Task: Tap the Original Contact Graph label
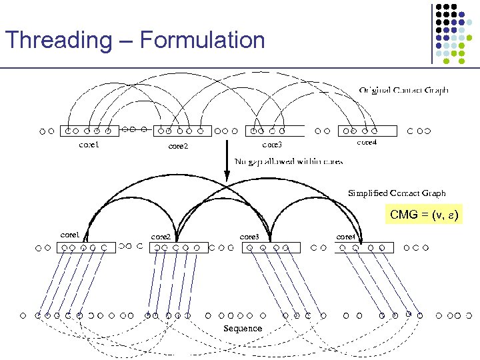pyautogui.click(x=403, y=90)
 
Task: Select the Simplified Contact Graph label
pyautogui.click(x=397, y=193)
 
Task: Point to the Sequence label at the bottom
pyautogui.click(x=243, y=329)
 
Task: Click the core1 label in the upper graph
pyautogui.click(x=89, y=144)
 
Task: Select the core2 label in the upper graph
pyautogui.click(x=178, y=145)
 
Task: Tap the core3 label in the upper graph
pyautogui.click(x=271, y=144)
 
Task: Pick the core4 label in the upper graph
pyautogui.click(x=367, y=142)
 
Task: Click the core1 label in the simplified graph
pyautogui.click(x=70, y=235)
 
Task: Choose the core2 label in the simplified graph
pyautogui.click(x=161, y=237)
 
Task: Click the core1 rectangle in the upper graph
pyautogui.click(x=89, y=131)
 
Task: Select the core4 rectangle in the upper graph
pyautogui.click(x=367, y=131)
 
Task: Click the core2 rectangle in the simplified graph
pyautogui.click(x=178, y=248)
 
